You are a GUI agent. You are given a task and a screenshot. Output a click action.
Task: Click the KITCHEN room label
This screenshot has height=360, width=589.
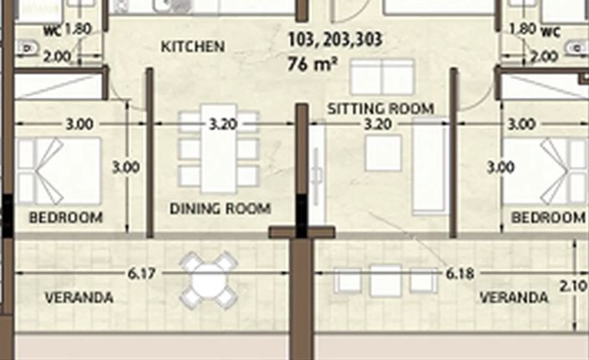tap(192, 47)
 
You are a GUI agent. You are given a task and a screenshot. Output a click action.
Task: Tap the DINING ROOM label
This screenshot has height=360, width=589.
tap(220, 208)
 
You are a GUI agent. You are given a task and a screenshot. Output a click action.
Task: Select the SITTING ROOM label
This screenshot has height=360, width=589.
tap(380, 108)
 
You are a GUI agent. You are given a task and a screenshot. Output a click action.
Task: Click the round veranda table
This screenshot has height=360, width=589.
tap(207, 280)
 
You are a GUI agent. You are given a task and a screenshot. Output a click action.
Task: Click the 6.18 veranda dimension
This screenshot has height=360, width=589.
tap(460, 272)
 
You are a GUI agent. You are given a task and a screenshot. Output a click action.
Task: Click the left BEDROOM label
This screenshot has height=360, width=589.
tap(65, 218)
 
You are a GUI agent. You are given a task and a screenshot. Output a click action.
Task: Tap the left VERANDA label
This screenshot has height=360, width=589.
tap(79, 297)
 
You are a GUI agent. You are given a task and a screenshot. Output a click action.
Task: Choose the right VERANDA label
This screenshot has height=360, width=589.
tap(514, 297)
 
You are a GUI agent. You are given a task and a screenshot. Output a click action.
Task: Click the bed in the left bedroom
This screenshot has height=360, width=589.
tap(58, 170)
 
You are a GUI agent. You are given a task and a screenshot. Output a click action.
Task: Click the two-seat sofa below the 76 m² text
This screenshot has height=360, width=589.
tap(380, 79)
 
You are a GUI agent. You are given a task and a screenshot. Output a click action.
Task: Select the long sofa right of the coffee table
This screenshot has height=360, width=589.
tap(432, 164)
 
